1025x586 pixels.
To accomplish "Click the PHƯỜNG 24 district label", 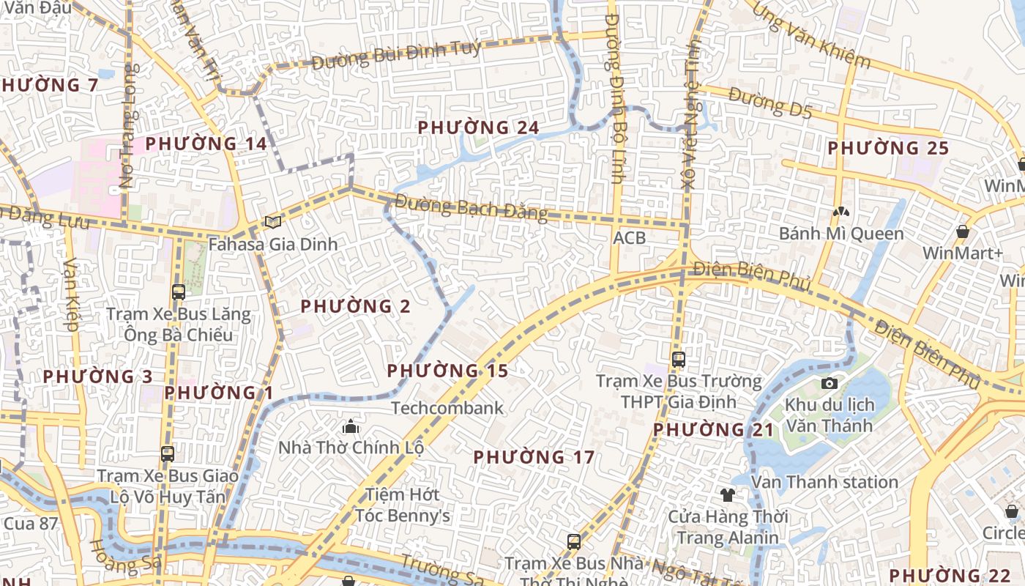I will point(478,127).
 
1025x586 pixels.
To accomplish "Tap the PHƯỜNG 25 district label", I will point(888,148).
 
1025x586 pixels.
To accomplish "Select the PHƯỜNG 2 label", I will point(356,306).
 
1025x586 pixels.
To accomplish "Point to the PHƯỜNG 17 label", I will point(534,457).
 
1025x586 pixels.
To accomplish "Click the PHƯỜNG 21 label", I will point(713,430).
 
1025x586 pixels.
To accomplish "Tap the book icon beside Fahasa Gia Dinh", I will point(273,222).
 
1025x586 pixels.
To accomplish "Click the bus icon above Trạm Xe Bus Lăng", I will point(179,292).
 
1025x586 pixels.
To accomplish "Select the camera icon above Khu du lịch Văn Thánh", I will point(830,383).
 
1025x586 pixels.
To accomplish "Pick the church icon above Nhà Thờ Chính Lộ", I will point(351,426).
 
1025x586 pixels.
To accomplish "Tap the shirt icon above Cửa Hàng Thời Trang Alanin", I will point(728,495).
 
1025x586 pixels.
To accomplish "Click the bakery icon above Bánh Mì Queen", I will point(840,212).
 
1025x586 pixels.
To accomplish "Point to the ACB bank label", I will point(630,238).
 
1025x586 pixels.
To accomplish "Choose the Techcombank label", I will point(447,408).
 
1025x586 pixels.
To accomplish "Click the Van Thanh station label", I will point(824,482).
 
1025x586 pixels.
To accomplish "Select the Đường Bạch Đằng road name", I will point(471,207).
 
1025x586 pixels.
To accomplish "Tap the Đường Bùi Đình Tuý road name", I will point(396,55).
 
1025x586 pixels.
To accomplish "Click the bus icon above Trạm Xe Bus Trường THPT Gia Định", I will point(679,360).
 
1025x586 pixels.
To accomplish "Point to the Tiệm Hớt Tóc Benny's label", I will point(403,505).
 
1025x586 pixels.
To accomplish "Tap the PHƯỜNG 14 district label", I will point(206,144).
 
